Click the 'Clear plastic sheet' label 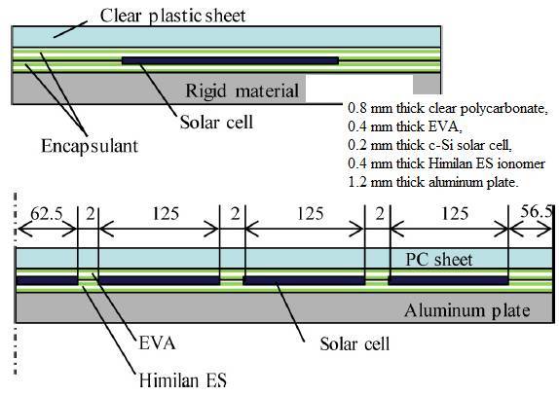pos(172,16)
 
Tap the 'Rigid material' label pos(242,90)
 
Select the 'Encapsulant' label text pos(90,146)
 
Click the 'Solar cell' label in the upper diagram pos(216,123)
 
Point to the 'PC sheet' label pos(439,259)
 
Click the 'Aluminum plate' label pos(467,310)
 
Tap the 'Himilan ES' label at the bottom pos(182,380)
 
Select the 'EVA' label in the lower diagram pos(157,343)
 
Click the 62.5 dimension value pos(47,214)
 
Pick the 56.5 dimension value pos(537,211)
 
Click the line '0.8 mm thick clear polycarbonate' pos(447,108)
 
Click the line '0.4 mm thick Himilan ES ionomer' pos(447,163)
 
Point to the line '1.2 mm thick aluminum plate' pos(433,182)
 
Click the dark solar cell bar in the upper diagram pos(230,60)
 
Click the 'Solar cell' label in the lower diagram pos(354,344)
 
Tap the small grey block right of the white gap pos(427,85)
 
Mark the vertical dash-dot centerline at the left pos(16,284)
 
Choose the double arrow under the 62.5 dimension pos(47,229)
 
